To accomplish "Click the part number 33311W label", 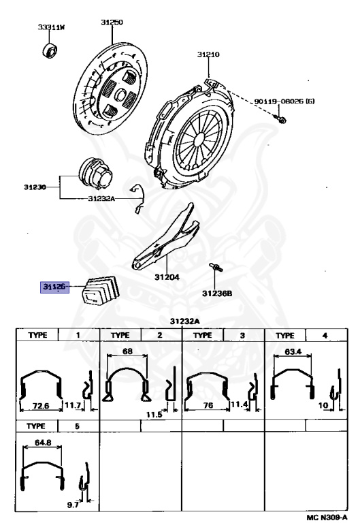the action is click(x=51, y=27).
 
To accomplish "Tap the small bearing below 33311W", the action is click(x=50, y=50).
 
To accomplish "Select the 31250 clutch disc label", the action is click(x=112, y=22).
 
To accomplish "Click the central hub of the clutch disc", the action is click(x=120, y=95).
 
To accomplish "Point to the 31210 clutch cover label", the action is click(x=208, y=54).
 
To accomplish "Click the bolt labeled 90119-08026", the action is click(x=280, y=118).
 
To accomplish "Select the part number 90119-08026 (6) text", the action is click(x=284, y=101).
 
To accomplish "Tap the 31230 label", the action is click(x=35, y=187).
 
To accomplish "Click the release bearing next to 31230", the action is click(x=95, y=173).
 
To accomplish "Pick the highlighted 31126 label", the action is click(x=54, y=286).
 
